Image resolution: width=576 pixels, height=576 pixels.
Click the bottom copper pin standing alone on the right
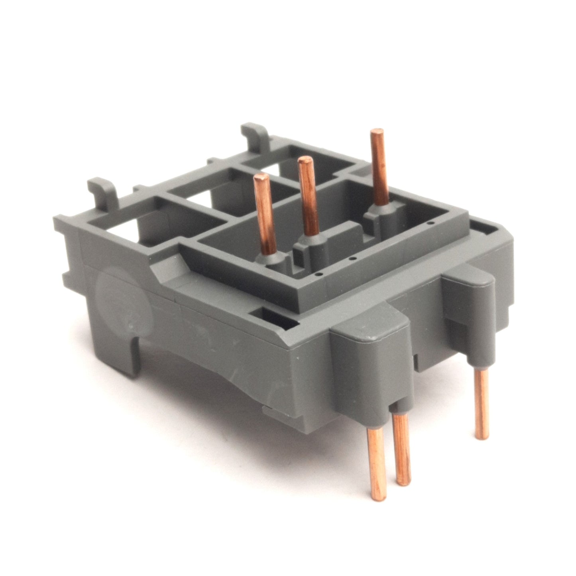482,403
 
